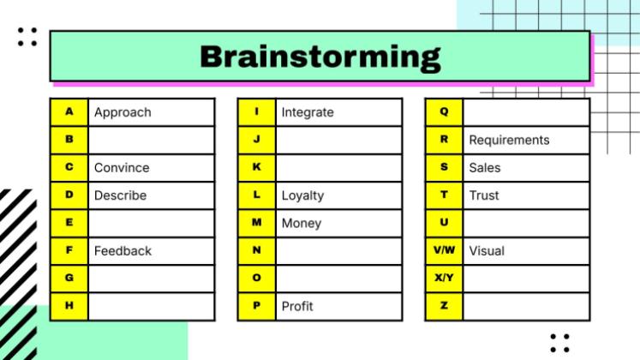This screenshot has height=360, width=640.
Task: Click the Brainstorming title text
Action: pyautogui.click(x=320, y=57)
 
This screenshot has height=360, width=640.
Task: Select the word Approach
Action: pyautogui.click(x=123, y=112)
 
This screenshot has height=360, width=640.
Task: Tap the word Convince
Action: pyautogui.click(x=122, y=168)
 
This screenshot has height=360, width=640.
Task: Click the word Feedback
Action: pyautogui.click(x=123, y=251)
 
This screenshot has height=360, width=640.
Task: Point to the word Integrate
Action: pyautogui.click(x=308, y=112)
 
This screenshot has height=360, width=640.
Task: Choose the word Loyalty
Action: pyautogui.click(x=302, y=195)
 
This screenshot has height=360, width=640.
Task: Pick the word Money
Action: pyautogui.click(x=302, y=223)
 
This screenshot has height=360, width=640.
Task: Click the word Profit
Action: pyautogui.click(x=297, y=306)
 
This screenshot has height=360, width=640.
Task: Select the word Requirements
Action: pyautogui.click(x=509, y=140)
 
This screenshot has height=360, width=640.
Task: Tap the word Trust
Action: pyautogui.click(x=484, y=195)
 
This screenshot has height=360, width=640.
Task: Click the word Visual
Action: pyautogui.click(x=487, y=251)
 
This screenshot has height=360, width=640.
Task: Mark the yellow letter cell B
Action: pyautogui.click(x=69, y=140)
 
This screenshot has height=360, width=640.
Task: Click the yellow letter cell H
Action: pyautogui.click(x=69, y=306)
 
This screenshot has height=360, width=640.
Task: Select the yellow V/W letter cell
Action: pyautogui.click(x=444, y=251)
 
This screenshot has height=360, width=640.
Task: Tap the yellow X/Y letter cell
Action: pyautogui.click(x=444, y=279)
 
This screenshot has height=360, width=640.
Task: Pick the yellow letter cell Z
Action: pyautogui.click(x=444, y=306)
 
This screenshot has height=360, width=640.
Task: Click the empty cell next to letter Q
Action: pyautogui.click(x=525, y=112)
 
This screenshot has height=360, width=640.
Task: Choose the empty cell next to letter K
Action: pyautogui.click(x=338, y=168)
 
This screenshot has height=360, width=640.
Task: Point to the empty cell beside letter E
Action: pyautogui.click(x=151, y=223)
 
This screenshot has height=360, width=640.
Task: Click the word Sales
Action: pyautogui.click(x=484, y=168)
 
